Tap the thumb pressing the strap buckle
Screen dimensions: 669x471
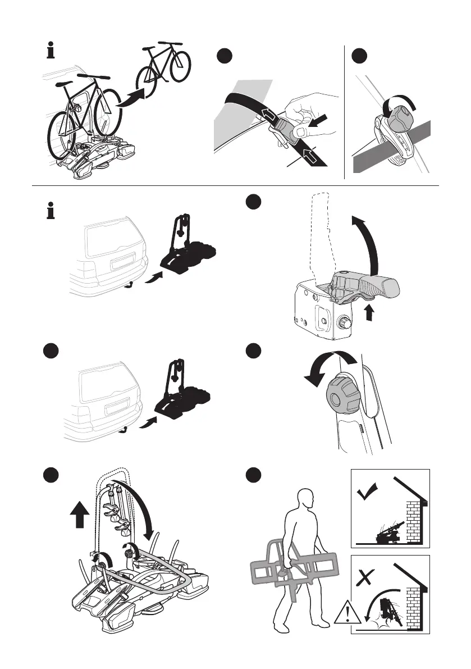coord(300,131)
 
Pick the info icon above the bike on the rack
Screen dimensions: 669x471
coord(51,52)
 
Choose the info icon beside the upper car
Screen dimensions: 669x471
coord(51,212)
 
